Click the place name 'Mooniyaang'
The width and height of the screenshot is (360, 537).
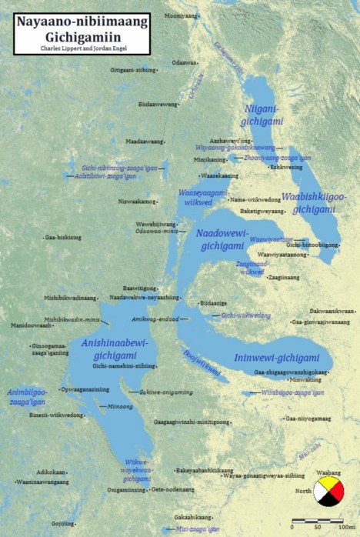coord(177,15)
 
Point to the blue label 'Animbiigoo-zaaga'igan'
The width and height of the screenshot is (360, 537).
coord(26,395)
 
